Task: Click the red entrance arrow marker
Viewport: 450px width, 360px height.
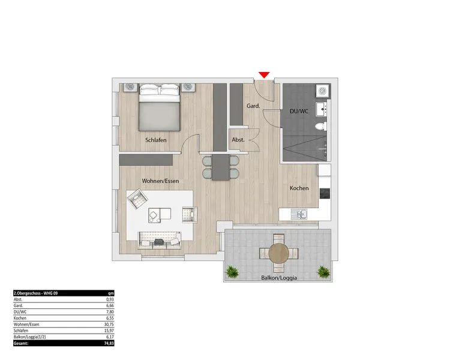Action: tap(264, 75)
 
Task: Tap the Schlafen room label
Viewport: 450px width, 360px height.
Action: tap(156, 140)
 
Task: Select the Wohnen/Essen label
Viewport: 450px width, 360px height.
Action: tap(160, 181)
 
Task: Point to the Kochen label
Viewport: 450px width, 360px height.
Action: tap(299, 188)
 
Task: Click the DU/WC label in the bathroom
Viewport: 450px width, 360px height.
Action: tap(299, 111)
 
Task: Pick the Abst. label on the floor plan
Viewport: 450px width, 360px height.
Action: tap(238, 140)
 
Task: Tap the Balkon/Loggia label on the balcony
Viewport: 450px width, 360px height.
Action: tap(279, 278)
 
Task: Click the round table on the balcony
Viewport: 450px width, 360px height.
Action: tap(278, 253)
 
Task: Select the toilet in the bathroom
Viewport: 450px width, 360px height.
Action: tap(320, 126)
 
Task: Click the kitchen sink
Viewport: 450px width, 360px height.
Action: tap(299, 214)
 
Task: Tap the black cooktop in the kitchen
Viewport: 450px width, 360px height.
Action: tap(325, 193)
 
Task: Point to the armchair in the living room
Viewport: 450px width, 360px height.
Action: tap(138, 199)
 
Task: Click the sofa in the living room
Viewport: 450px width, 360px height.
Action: tap(159, 240)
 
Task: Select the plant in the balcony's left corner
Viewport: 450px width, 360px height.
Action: tap(232, 272)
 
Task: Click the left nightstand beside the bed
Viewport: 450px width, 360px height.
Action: tap(131, 88)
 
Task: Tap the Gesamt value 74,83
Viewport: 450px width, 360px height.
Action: tap(109, 343)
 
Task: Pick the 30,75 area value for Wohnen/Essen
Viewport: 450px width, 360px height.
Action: tap(109, 325)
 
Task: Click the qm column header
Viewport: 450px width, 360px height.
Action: tap(111, 293)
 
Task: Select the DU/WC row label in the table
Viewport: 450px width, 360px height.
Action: tap(20, 312)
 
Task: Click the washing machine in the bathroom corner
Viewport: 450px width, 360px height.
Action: tap(323, 91)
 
